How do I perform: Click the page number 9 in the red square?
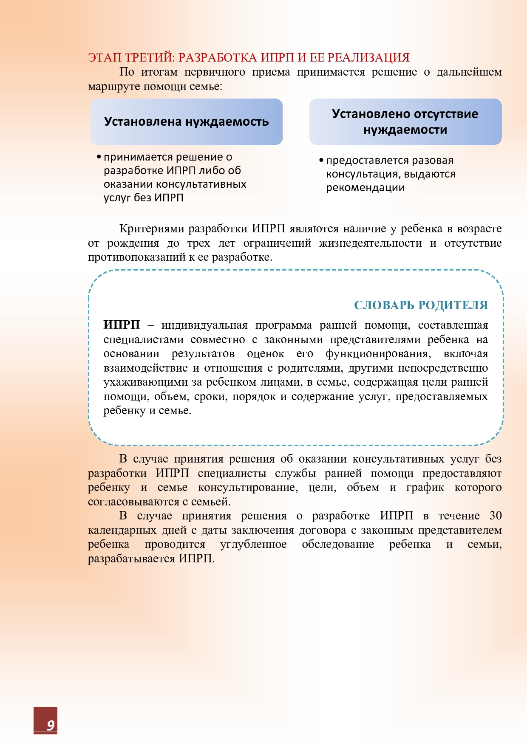point(51,725)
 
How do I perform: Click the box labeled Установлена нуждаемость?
point(186,122)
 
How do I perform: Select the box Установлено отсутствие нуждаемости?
point(405,122)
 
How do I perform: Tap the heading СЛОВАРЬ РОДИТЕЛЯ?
point(421,305)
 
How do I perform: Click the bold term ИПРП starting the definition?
point(122,325)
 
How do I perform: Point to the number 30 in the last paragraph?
point(495,516)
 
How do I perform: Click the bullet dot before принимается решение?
point(99,157)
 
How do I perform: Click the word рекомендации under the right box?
point(365,188)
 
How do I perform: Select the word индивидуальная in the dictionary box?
point(204,325)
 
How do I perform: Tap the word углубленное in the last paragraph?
point(253,544)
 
